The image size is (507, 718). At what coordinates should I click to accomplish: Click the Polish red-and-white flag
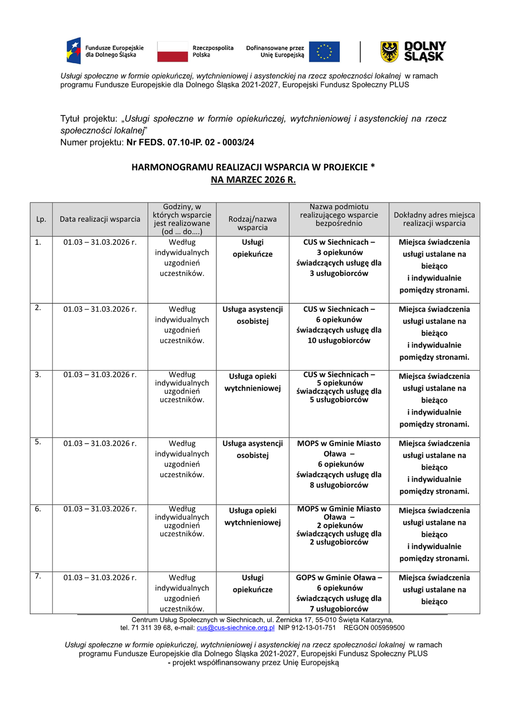click(172, 52)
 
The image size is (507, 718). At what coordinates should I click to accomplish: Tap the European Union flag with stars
click(324, 52)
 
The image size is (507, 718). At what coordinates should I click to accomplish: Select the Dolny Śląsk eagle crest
click(389, 52)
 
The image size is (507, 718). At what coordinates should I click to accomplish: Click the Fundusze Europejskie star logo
click(74, 51)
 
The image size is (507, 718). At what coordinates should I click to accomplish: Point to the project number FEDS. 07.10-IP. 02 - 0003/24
click(190, 143)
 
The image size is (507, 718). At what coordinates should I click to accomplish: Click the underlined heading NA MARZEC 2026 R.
click(253, 180)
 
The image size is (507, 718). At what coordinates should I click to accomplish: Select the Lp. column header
click(41, 219)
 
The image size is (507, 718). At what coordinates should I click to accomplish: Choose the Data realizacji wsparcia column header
click(100, 219)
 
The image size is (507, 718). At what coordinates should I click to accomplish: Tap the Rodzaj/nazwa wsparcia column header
click(253, 223)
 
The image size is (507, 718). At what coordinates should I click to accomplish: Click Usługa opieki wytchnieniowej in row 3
click(253, 383)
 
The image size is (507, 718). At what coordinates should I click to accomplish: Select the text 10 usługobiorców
click(339, 341)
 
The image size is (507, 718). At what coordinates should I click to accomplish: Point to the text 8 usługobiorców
click(339, 485)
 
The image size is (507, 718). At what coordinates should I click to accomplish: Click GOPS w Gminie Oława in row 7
click(336, 578)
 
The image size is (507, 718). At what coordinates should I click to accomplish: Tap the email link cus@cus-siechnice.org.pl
click(236, 628)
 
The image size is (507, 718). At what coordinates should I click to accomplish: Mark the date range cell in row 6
click(100, 509)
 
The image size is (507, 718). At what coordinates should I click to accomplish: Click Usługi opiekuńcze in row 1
click(253, 248)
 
